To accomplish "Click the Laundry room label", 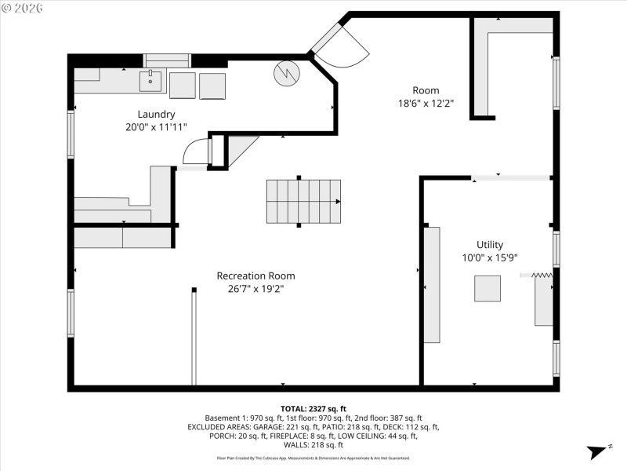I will (156, 114).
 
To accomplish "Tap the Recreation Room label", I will (256, 276).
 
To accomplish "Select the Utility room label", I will (490, 244).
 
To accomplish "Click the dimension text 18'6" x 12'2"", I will (426, 103).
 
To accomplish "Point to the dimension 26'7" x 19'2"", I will (256, 289).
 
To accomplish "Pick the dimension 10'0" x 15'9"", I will (490, 257).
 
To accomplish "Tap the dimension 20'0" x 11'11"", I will (156, 126).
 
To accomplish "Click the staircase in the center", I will (304, 201).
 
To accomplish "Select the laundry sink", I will (150, 81).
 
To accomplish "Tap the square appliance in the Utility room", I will (487, 288).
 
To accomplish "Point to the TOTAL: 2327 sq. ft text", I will (313, 409).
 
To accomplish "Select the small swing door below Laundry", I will (198, 152).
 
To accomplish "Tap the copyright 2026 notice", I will (23, 7).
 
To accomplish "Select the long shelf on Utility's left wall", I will (432, 284).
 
